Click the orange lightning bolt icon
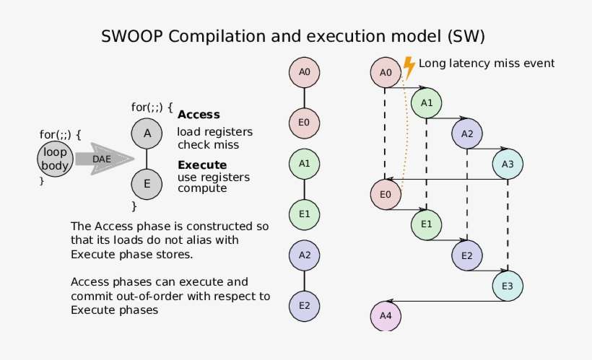[x=408, y=68]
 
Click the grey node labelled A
[x=147, y=133]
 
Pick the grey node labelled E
[x=147, y=183]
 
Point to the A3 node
[x=508, y=164]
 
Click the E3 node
[x=508, y=286]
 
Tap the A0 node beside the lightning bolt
[x=386, y=72]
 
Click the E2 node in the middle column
[x=304, y=306]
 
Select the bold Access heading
[x=199, y=115]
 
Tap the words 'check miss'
[x=207, y=145]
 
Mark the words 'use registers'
[x=213, y=177]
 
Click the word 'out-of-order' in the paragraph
[x=199, y=296]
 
